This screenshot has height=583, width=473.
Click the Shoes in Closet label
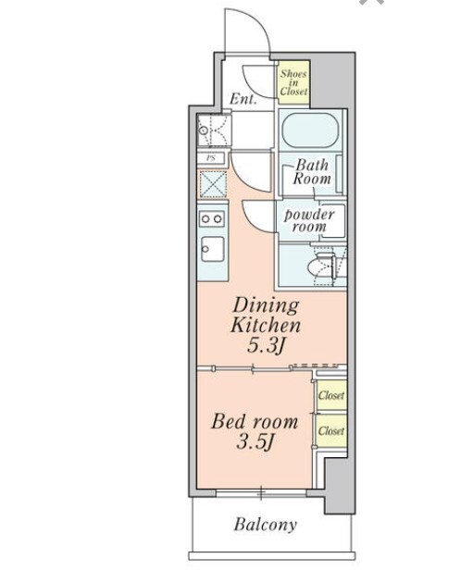coord(293,82)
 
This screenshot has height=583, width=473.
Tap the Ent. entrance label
coord(243,99)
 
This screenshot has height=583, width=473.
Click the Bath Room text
coord(312,172)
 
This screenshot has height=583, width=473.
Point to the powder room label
coord(308,221)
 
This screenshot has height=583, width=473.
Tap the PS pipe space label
coord(211,158)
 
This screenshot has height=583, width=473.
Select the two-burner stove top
coord(212,219)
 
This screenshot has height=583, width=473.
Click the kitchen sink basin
coord(212,249)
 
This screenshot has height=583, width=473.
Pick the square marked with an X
coord(214,184)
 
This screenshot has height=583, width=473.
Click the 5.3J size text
coord(266,346)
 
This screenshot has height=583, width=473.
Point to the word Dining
coord(266,305)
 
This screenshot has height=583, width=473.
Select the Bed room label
coord(255,422)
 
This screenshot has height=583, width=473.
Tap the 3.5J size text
coord(255,442)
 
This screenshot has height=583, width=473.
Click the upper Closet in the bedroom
coord(331,395)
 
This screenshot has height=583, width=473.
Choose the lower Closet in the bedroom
coord(331,430)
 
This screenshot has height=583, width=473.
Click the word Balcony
coord(266,525)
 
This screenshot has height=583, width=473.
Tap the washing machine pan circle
coord(203,130)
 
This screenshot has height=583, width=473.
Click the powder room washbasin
coord(332,221)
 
